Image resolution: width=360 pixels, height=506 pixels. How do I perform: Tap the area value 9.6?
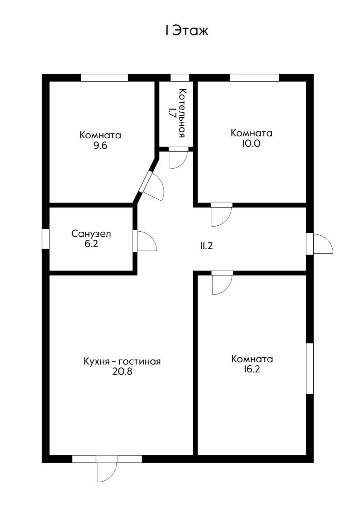100,146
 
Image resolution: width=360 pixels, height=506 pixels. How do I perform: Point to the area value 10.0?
251,144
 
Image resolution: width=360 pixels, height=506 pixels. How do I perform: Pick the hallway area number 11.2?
207,246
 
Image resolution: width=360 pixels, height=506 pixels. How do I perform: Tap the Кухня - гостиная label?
122,361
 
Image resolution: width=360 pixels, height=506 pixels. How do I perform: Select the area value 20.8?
122,372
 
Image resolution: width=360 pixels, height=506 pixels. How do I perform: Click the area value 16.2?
251,370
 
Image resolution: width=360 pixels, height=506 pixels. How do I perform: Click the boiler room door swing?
178,159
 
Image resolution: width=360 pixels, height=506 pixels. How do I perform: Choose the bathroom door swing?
145,241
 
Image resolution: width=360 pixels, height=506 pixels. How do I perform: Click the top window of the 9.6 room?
104,78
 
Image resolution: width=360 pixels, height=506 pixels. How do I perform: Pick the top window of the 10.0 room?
254,78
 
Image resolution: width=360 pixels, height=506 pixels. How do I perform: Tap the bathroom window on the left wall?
46,238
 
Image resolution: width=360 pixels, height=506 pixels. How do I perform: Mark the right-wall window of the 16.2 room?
310,368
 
